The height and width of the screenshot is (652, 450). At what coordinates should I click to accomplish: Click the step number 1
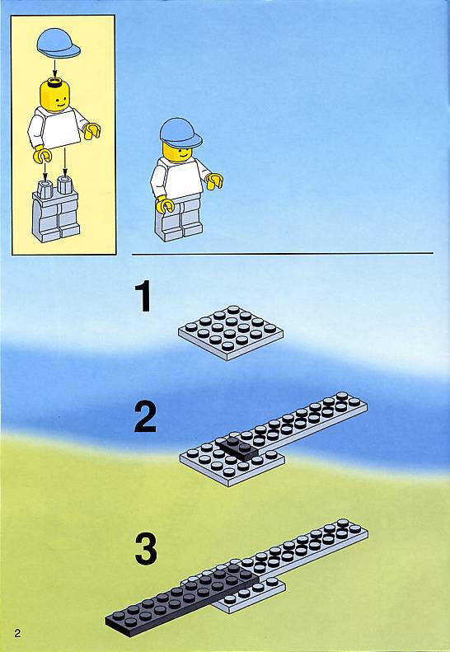pos(144,296)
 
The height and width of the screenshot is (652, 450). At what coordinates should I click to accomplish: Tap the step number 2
pos(145,417)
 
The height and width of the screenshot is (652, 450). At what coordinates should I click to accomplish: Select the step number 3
pos(146,549)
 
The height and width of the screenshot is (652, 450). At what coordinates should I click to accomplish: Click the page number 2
pos(17,633)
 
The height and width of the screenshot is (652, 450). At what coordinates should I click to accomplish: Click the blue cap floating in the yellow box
pos(59,43)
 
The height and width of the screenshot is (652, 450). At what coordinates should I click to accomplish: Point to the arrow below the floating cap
pos(54,68)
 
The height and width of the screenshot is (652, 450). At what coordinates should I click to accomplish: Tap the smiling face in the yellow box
pos(55,96)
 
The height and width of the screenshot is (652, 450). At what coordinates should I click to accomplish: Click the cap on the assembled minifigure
pos(180,133)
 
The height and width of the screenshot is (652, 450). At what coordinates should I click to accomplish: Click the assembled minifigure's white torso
pos(178,178)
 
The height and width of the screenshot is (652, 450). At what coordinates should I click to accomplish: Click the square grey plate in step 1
pos(231,333)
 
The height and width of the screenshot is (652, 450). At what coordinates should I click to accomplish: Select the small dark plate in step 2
pos(238,449)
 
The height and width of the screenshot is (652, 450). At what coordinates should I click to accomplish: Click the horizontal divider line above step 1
pos(283,253)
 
